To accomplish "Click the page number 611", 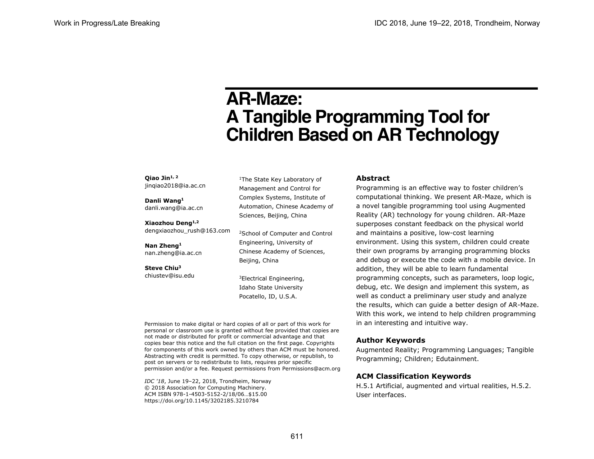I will [297, 437].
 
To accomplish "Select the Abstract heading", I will [373, 178].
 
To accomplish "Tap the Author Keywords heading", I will [390, 340].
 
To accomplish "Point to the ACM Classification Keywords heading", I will [413, 376].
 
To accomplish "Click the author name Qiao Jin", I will [157, 178].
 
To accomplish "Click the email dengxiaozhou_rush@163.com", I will [187, 230].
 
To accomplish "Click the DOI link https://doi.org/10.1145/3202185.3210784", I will [201, 401].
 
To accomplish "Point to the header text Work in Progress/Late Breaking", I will [107, 23].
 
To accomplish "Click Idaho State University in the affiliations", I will [271, 288].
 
